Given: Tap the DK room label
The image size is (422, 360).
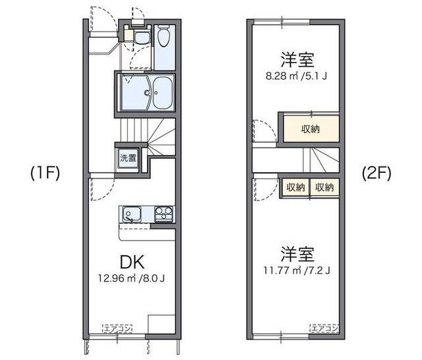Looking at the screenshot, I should (x=132, y=259).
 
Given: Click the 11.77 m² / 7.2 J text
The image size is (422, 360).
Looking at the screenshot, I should (x=296, y=270).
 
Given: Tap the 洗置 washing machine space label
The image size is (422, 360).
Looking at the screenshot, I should (x=129, y=158).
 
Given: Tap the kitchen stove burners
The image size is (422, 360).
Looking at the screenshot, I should (x=164, y=213).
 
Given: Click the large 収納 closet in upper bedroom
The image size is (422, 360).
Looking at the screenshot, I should (x=311, y=129).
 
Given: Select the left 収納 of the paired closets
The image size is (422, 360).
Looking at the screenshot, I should (x=295, y=187).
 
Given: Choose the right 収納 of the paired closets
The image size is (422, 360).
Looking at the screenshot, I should (x=324, y=187).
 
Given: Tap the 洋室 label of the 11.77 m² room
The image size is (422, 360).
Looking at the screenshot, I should (x=296, y=253).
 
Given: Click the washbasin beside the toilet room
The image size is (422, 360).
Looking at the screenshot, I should (x=141, y=37).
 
